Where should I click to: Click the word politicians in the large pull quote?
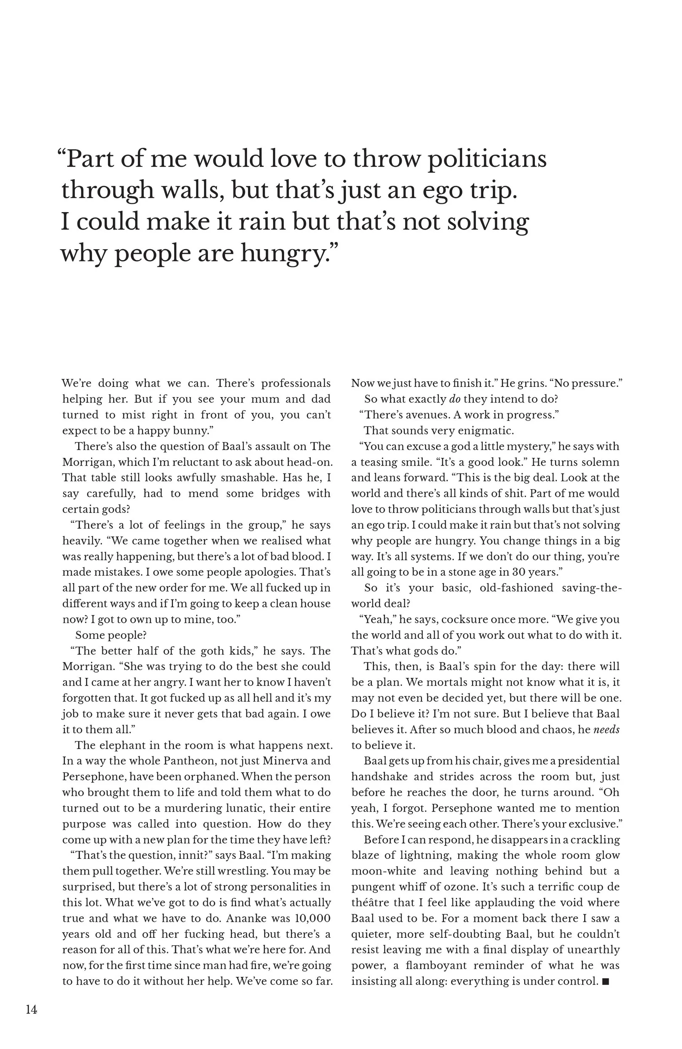[x=487, y=160]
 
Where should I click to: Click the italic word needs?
[x=607, y=730]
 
